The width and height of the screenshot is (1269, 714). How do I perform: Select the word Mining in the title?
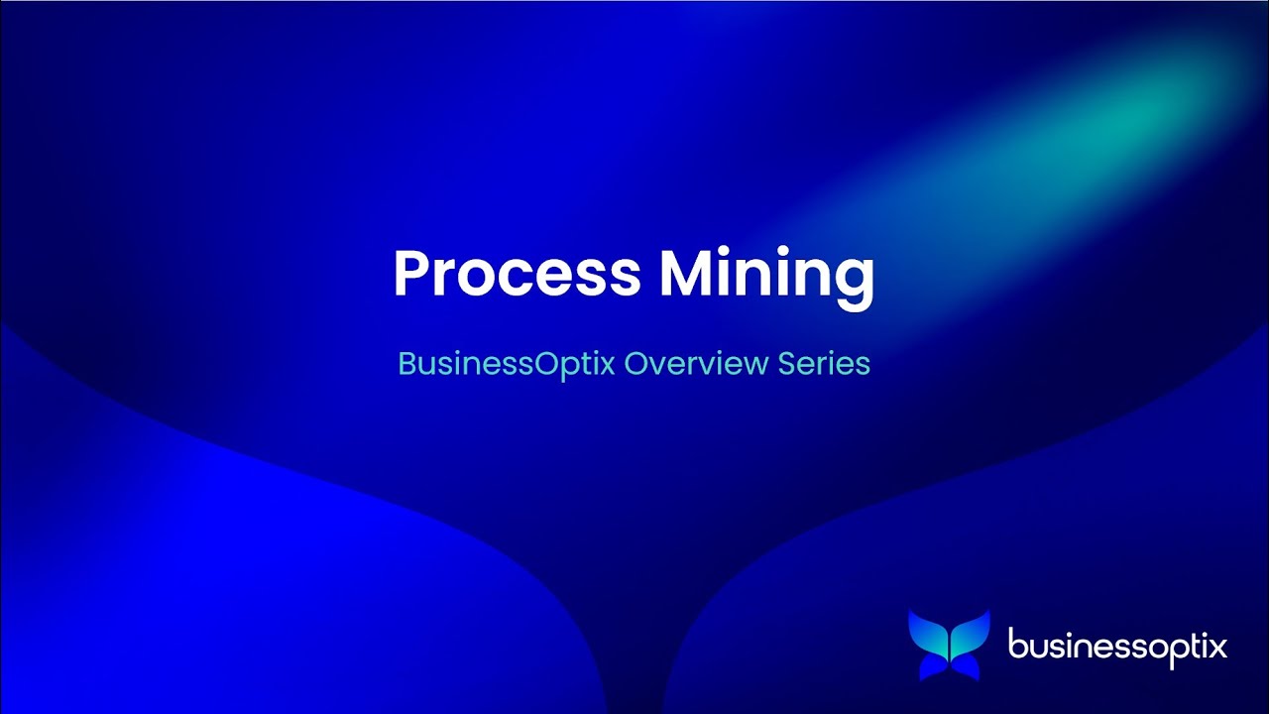click(767, 275)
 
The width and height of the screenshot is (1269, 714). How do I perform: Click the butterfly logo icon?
click(949, 646)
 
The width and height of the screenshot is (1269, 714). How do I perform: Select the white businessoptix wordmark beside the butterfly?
click(1117, 648)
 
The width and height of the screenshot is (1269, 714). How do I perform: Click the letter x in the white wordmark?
click(1217, 648)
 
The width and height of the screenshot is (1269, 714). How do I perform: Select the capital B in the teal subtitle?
click(405, 364)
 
